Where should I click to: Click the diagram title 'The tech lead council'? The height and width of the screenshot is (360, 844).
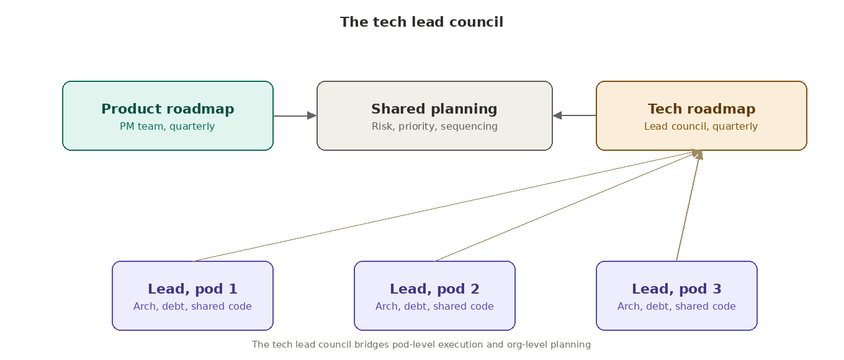coord(421,22)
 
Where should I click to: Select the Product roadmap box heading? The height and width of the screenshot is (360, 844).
coord(168,109)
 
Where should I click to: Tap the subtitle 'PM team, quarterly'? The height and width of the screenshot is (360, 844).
coord(168,127)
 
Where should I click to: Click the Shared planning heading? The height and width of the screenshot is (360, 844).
coord(434,109)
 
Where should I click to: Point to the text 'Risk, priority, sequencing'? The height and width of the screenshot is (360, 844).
coord(434,127)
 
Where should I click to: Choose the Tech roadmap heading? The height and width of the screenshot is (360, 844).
coord(701,109)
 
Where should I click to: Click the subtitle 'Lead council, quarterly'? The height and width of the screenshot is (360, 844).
coord(701,127)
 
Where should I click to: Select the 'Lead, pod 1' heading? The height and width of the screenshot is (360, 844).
coord(192,289)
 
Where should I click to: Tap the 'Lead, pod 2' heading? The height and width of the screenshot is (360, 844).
coord(434,289)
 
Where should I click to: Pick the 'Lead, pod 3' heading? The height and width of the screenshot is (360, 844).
coord(676,289)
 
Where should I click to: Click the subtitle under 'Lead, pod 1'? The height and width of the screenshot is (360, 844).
coord(192,307)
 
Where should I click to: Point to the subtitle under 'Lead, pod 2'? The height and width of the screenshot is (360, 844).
coord(434,307)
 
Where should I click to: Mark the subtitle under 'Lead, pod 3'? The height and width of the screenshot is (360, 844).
coord(676,307)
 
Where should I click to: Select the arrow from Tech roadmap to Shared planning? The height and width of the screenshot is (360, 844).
coord(574,115)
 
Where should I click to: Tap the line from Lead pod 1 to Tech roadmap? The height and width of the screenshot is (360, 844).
coord(444,206)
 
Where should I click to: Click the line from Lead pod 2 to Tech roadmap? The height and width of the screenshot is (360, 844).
coord(565,206)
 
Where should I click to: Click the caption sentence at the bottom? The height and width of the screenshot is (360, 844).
coord(421,344)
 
